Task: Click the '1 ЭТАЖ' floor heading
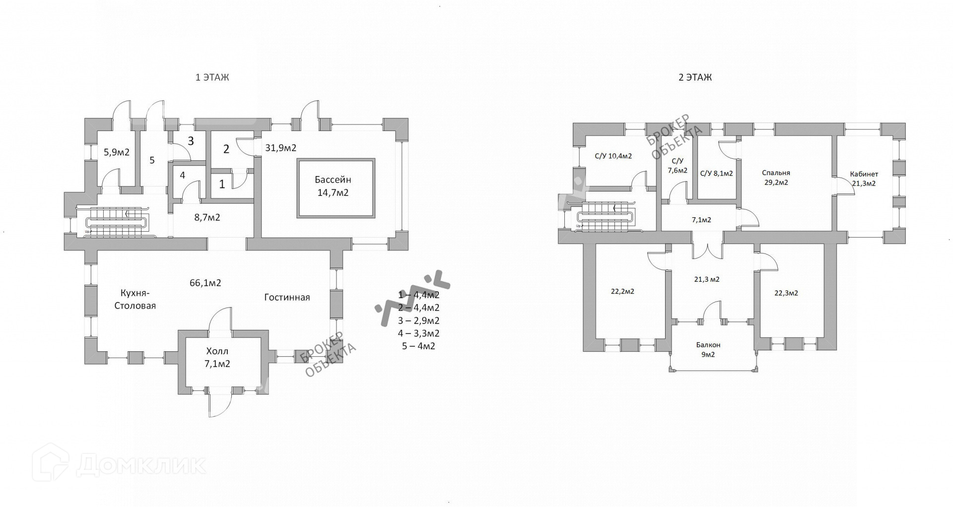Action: point(212,77)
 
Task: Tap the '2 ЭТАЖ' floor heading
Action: point(695,77)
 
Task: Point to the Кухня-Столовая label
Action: point(135,299)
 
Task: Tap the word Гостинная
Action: point(287,297)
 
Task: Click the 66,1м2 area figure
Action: point(205,283)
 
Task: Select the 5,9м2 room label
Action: point(116,152)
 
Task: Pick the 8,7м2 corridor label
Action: point(207,217)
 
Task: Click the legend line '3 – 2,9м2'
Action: point(418,320)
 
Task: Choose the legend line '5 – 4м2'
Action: point(418,346)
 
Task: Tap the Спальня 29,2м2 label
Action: point(776,178)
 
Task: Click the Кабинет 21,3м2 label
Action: point(864,179)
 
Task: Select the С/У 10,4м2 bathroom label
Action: point(613,156)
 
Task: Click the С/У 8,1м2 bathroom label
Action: point(716,174)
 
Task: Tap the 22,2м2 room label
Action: point(622,291)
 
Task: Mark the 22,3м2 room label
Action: point(786,293)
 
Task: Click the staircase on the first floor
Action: point(117,222)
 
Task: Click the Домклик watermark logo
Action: point(119,464)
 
